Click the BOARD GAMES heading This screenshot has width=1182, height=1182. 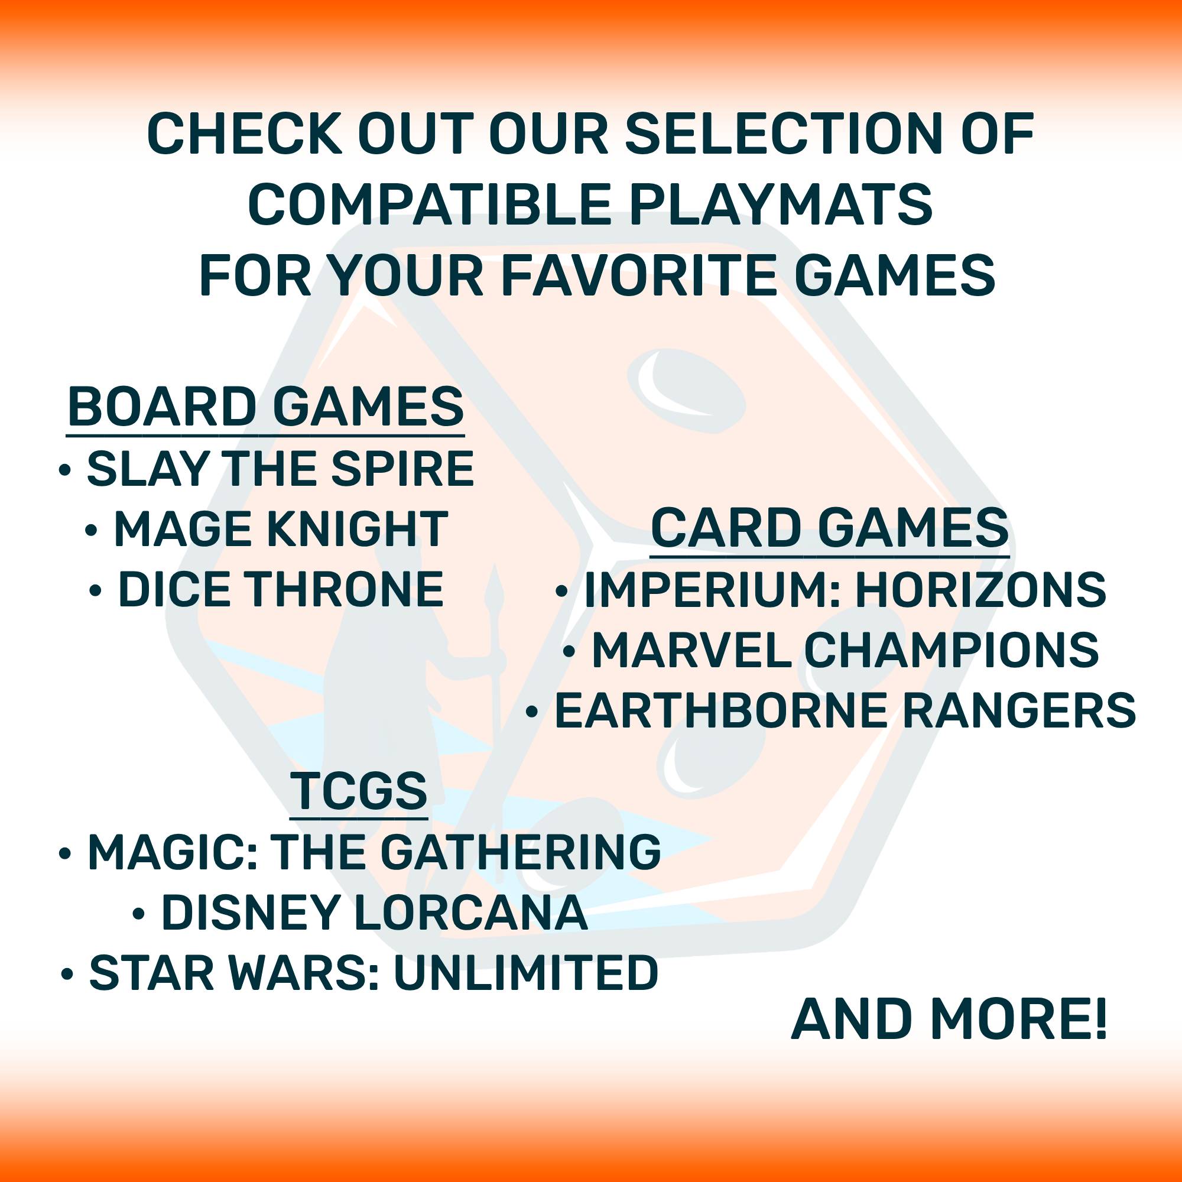click(x=265, y=407)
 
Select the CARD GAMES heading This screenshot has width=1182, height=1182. click(x=829, y=528)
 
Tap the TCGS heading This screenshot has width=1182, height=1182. click(x=359, y=790)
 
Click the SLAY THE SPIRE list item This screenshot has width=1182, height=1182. click(x=280, y=469)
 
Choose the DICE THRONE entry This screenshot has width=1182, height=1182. click(x=281, y=589)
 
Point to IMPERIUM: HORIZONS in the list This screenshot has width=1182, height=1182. click(x=845, y=590)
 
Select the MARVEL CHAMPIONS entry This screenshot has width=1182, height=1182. click(x=845, y=650)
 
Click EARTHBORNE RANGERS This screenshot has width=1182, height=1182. click(x=845, y=711)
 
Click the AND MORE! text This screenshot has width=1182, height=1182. click(x=949, y=1020)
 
